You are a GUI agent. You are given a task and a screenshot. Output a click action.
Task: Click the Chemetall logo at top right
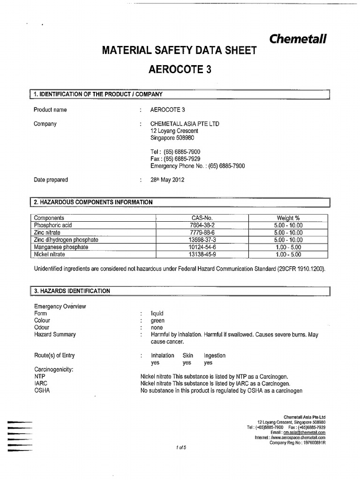(298, 39)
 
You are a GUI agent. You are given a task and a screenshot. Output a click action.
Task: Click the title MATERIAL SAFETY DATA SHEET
(180, 50)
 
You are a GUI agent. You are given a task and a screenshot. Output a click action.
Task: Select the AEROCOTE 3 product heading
(180, 69)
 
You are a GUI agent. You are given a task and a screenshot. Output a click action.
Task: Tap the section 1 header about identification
(98, 94)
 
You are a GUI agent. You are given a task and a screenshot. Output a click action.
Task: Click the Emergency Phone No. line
(197, 166)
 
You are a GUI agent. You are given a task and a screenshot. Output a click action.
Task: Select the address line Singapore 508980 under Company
(172, 138)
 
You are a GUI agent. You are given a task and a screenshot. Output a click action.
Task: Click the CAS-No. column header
(202, 218)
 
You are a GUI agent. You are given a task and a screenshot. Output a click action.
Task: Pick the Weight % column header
(288, 218)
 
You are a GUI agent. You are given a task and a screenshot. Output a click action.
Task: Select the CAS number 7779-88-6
(202, 232)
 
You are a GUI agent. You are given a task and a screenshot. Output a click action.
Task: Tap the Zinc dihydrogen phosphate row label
(66, 240)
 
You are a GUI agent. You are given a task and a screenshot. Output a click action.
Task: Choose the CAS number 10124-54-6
(202, 247)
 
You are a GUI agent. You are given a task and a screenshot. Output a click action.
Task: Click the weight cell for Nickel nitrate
(288, 254)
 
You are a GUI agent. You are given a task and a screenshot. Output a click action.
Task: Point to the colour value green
(157, 321)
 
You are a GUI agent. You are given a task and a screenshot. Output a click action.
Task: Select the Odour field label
(42, 328)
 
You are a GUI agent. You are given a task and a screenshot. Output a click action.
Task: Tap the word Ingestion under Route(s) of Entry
(214, 355)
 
